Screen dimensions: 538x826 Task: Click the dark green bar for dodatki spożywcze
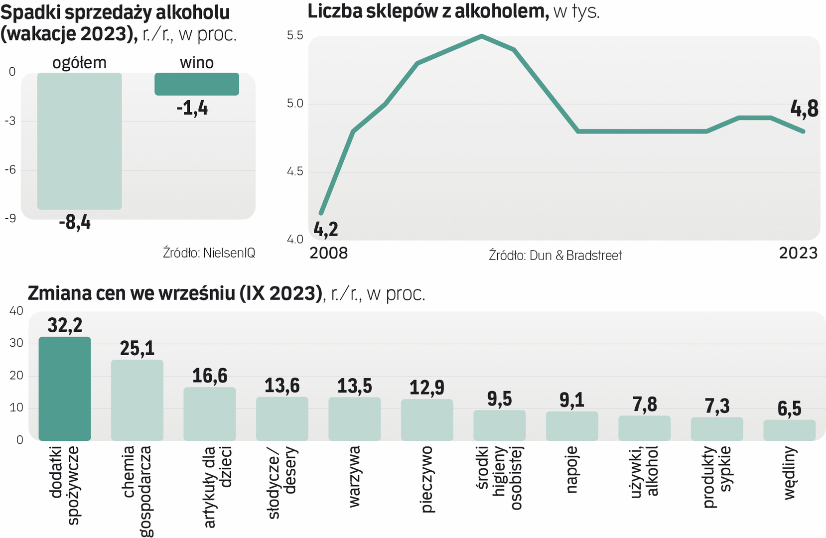(x=65, y=389)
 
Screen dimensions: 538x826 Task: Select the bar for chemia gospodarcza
(x=137, y=400)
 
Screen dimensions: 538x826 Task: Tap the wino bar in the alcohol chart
(x=197, y=84)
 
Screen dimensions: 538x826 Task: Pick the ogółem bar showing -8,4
(x=79, y=141)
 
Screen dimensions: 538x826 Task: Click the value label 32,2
(x=65, y=325)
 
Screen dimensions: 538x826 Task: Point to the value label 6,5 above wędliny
(x=789, y=409)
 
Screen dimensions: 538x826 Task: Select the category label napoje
(x=572, y=470)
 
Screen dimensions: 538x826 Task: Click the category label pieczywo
(x=427, y=479)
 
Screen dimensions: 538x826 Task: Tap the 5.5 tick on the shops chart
(x=295, y=35)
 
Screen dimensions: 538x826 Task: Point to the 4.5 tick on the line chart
(x=295, y=172)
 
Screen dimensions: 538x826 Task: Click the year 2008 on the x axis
(x=329, y=253)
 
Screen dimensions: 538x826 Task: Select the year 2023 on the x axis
(x=798, y=253)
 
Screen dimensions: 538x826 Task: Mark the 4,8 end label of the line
(x=804, y=109)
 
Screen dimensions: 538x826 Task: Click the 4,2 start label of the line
(x=326, y=229)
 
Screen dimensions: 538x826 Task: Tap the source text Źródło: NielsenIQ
(x=209, y=253)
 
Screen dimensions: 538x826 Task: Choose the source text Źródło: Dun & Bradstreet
(x=555, y=256)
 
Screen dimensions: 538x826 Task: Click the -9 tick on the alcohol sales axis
(x=10, y=218)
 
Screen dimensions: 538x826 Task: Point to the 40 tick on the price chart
(x=16, y=311)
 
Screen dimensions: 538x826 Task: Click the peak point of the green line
(x=482, y=36)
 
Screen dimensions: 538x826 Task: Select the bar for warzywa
(x=354, y=418)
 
